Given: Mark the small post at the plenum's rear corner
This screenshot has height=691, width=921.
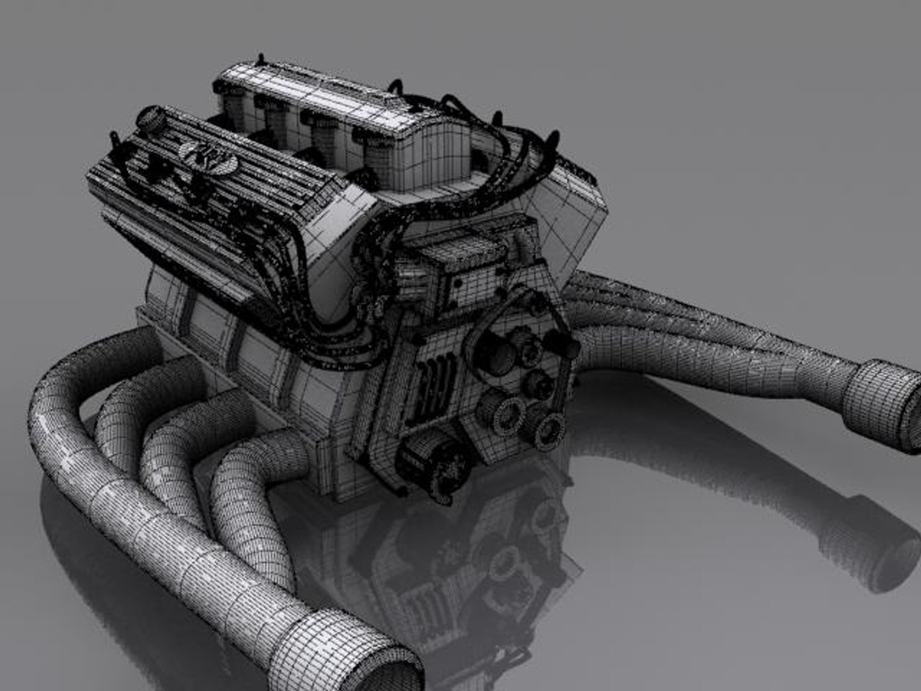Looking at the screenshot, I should (261, 59).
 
